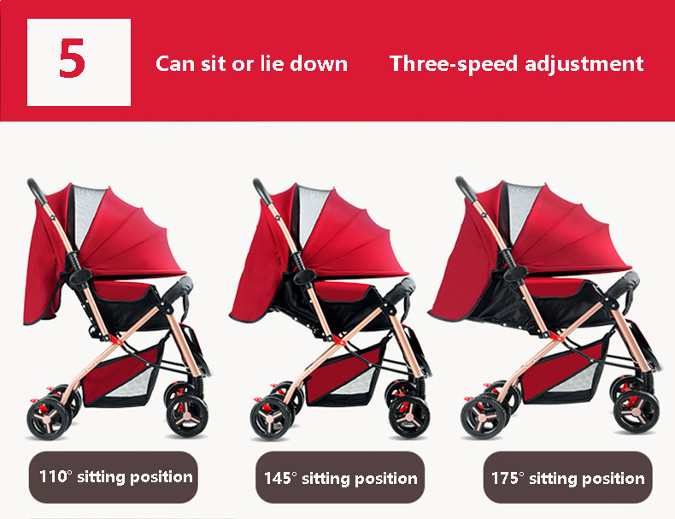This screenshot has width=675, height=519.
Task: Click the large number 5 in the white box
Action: [x=73, y=62]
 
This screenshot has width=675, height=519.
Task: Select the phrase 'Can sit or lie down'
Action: [x=251, y=63]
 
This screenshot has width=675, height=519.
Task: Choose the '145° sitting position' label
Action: [x=340, y=478]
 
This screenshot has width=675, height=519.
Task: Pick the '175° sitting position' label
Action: [x=567, y=478]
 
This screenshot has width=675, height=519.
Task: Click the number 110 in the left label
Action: [x=53, y=476]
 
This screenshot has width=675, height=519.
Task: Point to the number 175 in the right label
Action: [x=505, y=478]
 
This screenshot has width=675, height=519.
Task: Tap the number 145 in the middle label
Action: [x=278, y=478]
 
